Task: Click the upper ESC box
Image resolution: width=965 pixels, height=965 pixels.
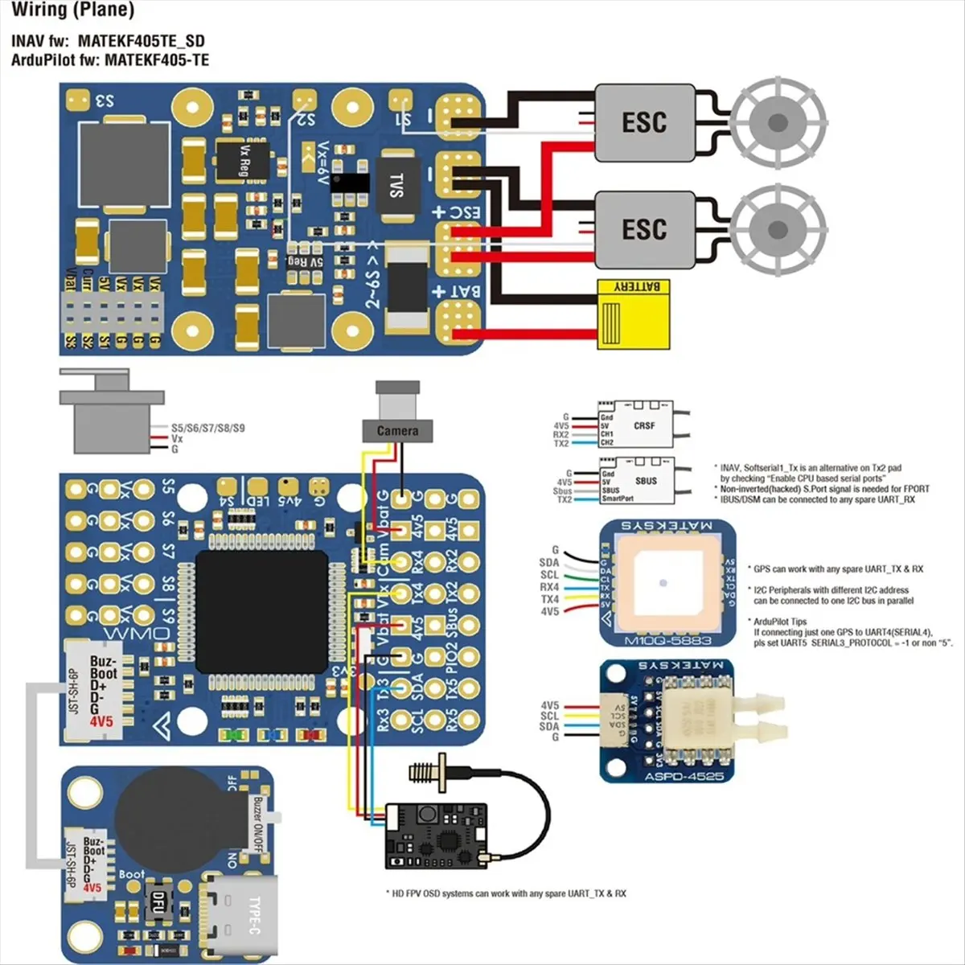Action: [644, 122]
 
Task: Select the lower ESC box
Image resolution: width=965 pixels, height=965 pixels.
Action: [644, 229]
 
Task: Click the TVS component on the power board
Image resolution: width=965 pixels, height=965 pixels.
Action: [396, 186]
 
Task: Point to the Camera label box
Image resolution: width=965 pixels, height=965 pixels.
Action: [397, 430]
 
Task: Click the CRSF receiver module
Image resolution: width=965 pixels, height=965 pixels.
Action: [635, 425]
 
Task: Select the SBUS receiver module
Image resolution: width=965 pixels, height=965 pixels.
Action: [635, 481]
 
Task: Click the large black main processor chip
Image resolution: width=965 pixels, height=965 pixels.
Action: [262, 611]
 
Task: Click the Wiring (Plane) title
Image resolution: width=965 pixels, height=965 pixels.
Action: [72, 10]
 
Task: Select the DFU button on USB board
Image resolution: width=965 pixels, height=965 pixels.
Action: [158, 903]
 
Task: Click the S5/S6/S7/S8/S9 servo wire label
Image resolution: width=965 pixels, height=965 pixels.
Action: [207, 428]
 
